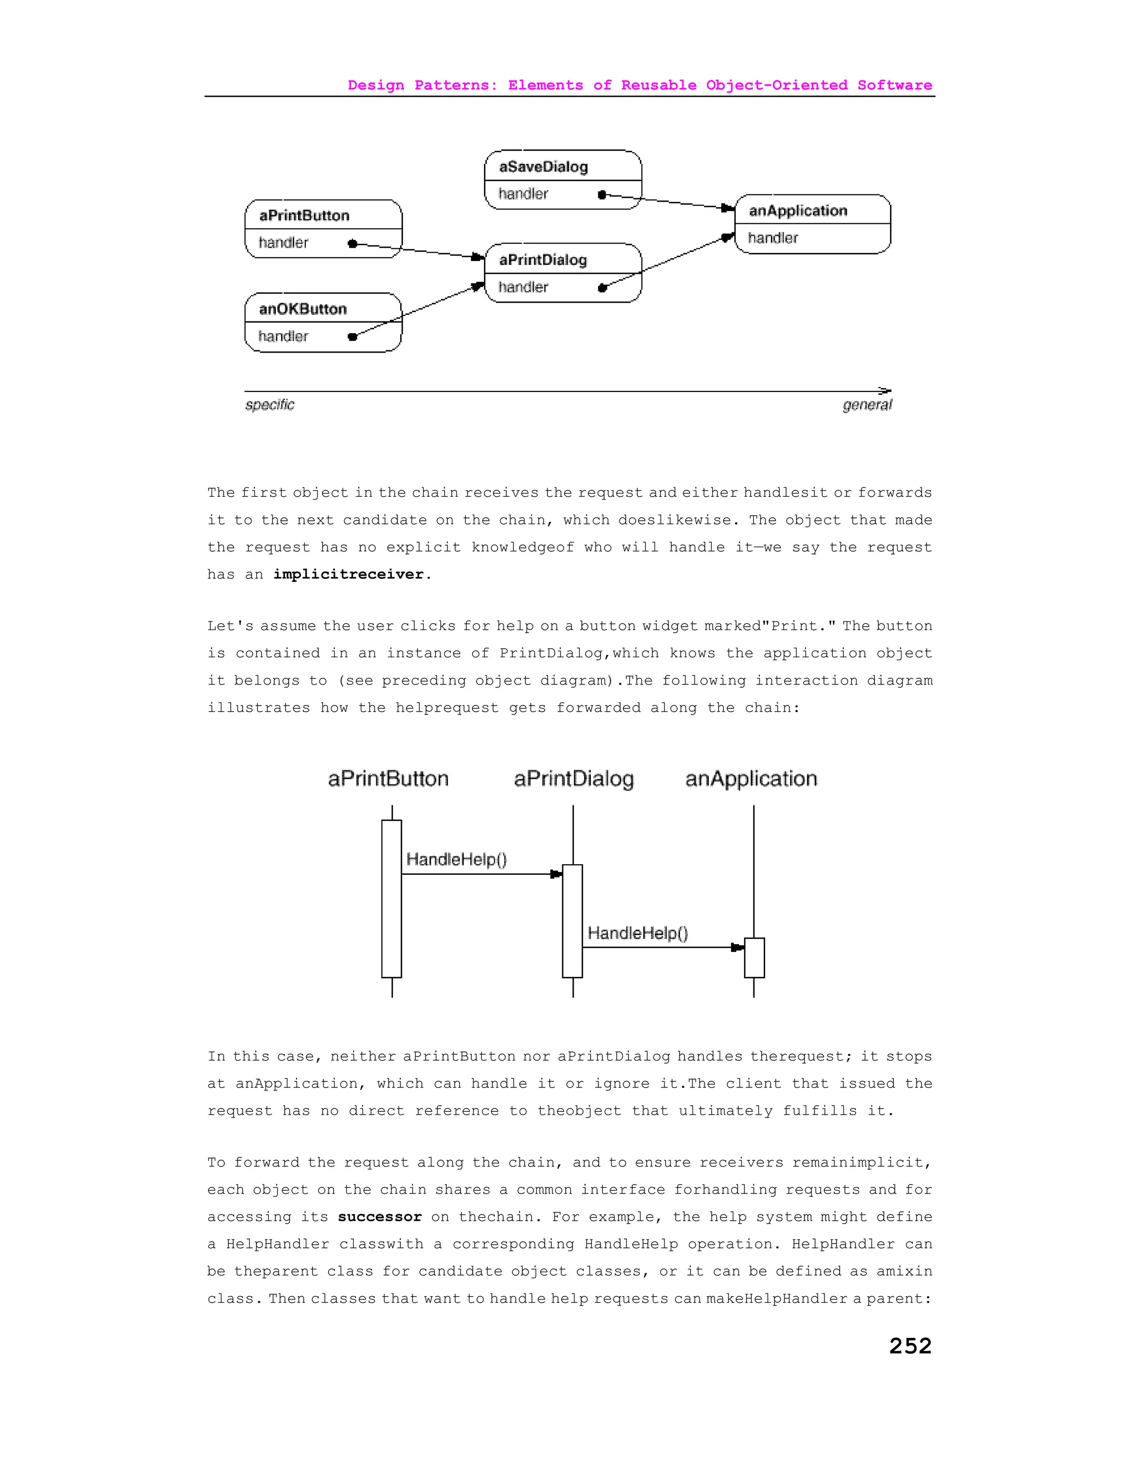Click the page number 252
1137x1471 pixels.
[910, 1345]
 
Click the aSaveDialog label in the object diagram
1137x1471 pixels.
[543, 167]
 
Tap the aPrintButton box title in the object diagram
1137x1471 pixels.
[304, 215]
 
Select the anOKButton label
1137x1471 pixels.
[303, 309]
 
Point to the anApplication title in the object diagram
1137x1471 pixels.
[798, 211]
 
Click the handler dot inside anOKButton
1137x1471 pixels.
[353, 337]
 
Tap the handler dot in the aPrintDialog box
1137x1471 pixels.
[602, 288]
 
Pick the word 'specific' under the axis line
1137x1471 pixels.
[269, 405]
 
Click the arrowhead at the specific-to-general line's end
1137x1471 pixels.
[885, 391]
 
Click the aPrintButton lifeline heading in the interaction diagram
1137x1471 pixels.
[388, 779]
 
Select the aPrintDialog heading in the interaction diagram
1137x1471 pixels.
[574, 779]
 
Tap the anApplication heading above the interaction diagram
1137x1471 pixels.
[751, 779]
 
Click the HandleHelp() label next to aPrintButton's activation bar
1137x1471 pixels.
[456, 859]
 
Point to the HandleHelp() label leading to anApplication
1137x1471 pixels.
[637, 933]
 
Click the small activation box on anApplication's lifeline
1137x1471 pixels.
[754, 957]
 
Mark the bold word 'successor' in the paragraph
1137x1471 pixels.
[379, 1217]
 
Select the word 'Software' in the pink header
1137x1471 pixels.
[894, 85]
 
